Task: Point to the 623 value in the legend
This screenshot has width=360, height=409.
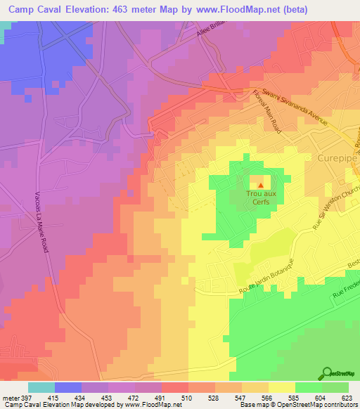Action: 347,397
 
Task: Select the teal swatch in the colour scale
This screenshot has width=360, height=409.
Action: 41,387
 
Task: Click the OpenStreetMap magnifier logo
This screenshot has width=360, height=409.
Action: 328,373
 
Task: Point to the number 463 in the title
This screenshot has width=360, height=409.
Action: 134,10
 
